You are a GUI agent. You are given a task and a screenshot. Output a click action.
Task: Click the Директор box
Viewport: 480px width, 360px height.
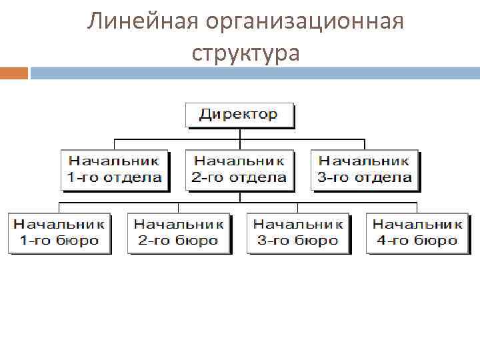pos(239,114)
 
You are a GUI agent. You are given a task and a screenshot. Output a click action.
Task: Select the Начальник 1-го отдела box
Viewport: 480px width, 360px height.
pos(115,169)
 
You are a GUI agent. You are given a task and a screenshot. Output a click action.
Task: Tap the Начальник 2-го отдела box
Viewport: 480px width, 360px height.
pos(239,169)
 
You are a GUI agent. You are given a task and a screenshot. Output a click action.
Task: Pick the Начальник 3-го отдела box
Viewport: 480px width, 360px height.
pos(364,169)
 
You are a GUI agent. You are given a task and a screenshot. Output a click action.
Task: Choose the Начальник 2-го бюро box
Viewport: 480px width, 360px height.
pos(178,233)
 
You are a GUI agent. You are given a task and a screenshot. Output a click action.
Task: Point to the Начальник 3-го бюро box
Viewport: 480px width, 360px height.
pos(297,233)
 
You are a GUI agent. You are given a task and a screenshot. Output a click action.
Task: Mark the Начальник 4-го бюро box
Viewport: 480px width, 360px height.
pos(417,233)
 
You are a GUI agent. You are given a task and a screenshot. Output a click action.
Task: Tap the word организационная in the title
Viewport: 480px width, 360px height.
pos(305,22)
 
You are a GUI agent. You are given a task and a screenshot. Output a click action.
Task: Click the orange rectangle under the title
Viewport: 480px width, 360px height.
pos(13,72)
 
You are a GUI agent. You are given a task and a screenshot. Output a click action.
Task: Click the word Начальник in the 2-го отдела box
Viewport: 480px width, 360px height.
pos(239,161)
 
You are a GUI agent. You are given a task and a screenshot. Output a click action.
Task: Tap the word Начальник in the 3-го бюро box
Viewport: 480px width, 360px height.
pos(297,224)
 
